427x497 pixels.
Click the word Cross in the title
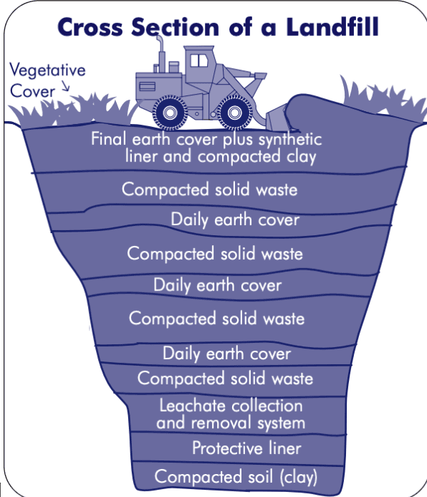90,27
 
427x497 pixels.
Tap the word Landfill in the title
332,27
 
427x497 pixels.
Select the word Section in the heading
175,27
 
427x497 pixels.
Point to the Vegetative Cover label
47,80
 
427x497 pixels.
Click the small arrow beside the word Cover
65,85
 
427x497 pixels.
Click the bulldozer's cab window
198,60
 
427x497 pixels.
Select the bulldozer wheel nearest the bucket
234,112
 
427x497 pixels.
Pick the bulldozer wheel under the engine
170,112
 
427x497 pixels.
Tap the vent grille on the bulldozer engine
147,86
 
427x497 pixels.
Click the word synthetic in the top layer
290,140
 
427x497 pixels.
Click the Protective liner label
246,448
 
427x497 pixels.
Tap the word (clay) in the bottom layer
299,477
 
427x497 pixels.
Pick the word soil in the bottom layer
261,476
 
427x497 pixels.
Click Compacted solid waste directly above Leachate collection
225,379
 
